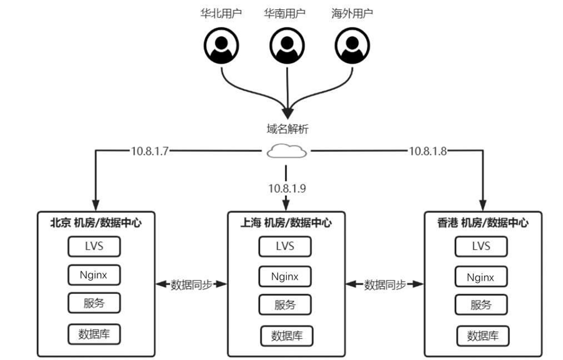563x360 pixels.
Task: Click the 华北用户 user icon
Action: [221, 45]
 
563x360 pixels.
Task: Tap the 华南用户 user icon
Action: [287, 45]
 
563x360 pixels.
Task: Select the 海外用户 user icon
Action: [352, 45]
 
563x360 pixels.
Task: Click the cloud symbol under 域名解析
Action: [287, 151]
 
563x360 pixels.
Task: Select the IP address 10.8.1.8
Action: [428, 151]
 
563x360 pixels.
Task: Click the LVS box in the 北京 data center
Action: [94, 246]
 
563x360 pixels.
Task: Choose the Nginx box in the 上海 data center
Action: [285, 276]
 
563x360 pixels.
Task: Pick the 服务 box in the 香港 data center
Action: [481, 305]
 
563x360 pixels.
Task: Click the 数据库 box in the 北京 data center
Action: [94, 334]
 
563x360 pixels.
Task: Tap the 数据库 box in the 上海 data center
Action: [286, 336]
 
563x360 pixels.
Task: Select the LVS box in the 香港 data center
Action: [481, 246]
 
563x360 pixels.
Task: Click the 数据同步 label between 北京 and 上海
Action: [191, 285]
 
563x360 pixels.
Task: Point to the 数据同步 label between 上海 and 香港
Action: [385, 285]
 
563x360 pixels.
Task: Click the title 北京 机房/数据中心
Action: [96, 223]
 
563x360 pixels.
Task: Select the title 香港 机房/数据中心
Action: [483, 223]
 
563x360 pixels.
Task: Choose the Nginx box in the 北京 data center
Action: [94, 274]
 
